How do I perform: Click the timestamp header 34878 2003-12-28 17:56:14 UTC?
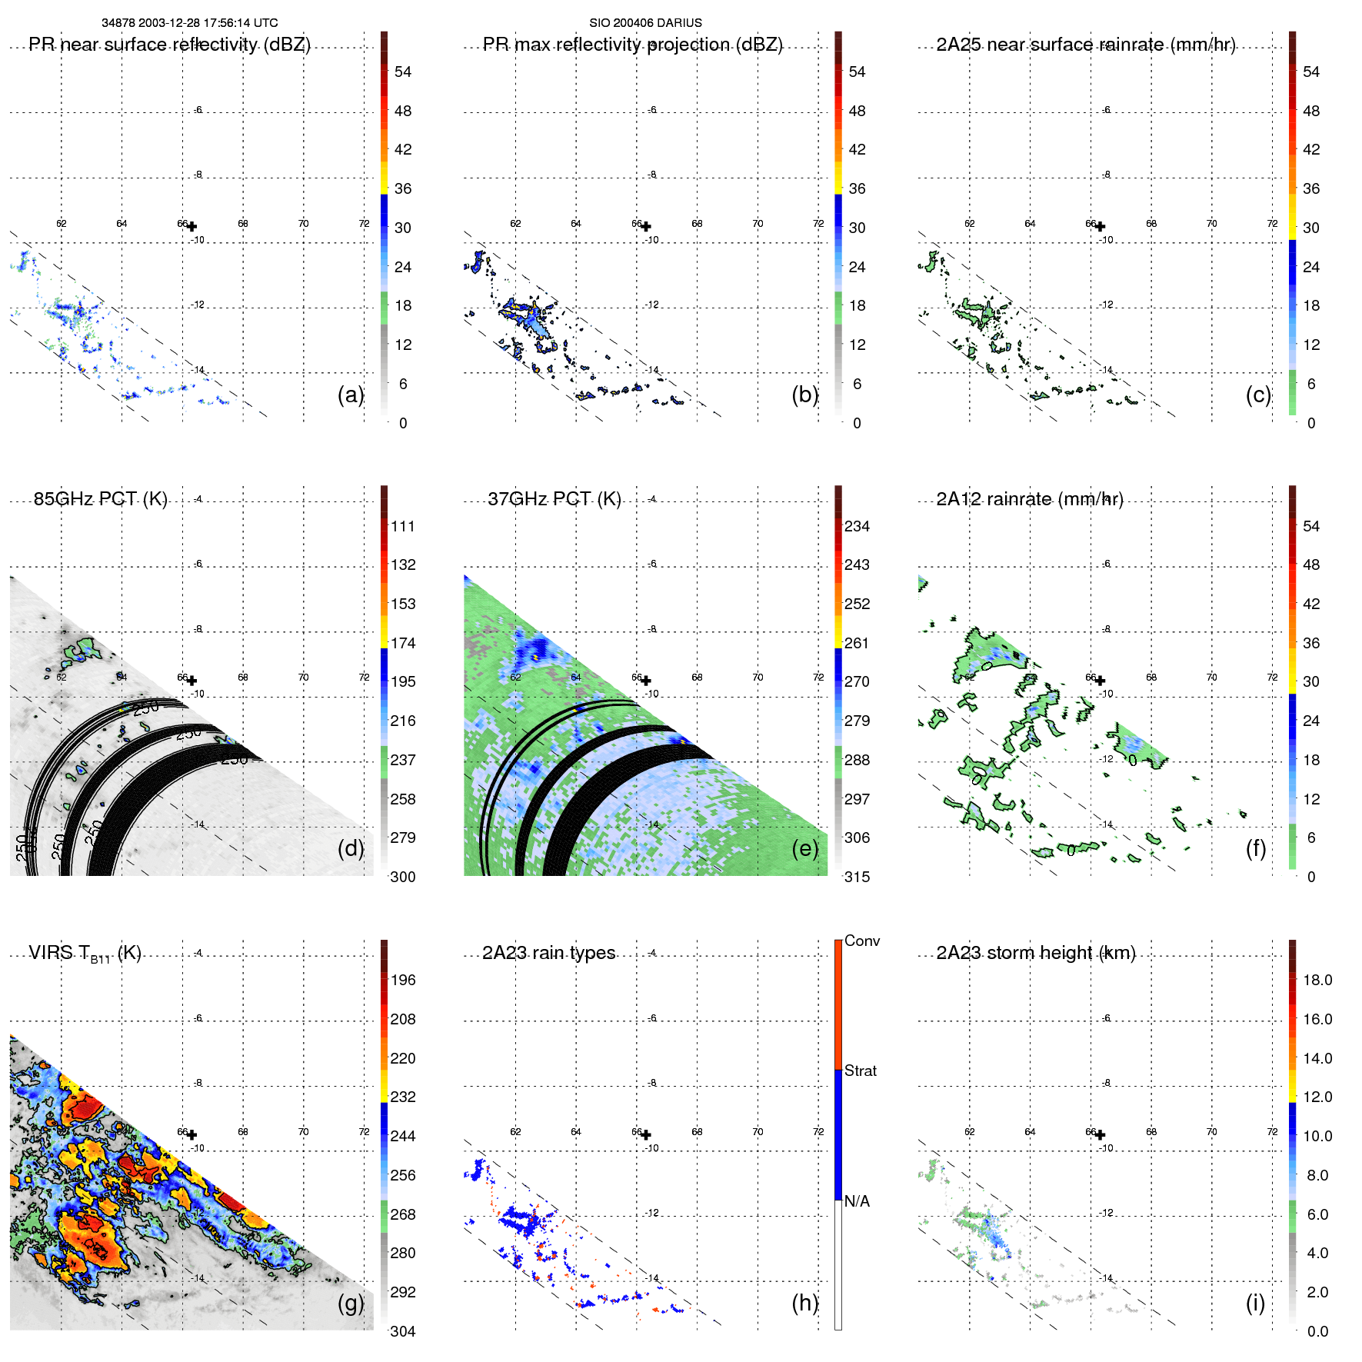tap(189, 23)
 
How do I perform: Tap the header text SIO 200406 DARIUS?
tap(645, 23)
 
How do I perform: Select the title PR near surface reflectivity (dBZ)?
tap(169, 45)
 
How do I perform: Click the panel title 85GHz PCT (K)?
tap(100, 499)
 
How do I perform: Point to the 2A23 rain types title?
tap(548, 953)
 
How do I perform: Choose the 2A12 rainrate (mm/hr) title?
tap(1029, 499)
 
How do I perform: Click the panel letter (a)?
tap(350, 395)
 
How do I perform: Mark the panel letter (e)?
tap(804, 848)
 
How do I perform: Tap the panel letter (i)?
tap(1255, 1303)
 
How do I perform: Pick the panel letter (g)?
tap(350, 1303)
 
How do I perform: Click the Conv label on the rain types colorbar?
tap(861, 941)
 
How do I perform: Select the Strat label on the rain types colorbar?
tap(860, 1071)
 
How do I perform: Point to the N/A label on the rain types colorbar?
tap(857, 1201)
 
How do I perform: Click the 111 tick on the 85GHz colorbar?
tap(402, 526)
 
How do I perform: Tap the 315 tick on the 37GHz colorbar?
tap(857, 877)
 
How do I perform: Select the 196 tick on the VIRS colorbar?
tap(402, 980)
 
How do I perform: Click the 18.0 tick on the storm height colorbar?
tap(1317, 980)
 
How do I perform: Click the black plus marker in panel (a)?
tap(191, 226)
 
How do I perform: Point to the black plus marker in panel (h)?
tap(646, 1134)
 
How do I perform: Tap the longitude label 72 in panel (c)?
tap(1272, 224)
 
